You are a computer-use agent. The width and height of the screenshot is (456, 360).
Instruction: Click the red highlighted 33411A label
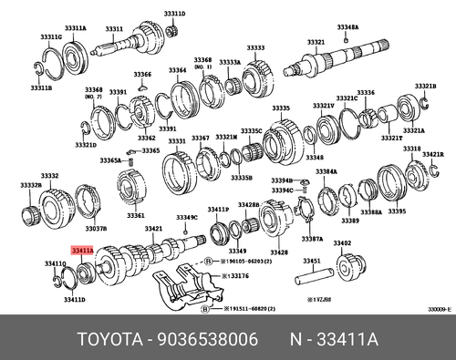pos(79,247)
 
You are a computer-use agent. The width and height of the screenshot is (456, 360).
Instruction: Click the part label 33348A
pos(347,28)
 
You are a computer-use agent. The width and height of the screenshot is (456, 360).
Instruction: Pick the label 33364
pos(177,70)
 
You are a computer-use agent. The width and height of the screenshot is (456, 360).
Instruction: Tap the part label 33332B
pos(31,185)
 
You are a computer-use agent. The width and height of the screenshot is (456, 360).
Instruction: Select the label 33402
pos(342,243)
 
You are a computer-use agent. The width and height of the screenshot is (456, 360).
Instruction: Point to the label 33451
pos(312,261)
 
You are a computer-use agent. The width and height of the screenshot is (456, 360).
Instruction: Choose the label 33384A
pos(326,171)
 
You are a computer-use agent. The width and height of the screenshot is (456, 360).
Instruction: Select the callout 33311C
pos(51,36)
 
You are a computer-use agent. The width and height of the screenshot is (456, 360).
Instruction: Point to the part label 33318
pos(411,148)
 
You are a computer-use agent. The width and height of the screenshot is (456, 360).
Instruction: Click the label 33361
pos(135,216)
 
